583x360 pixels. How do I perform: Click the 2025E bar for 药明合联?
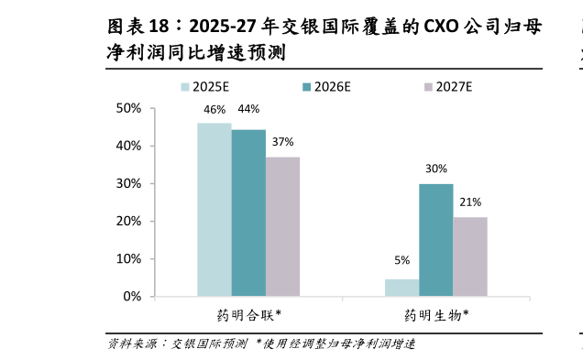pyautogui.click(x=214, y=210)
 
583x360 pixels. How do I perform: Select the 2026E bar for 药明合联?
pyautogui.click(x=248, y=213)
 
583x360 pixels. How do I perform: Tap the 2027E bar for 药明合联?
pyautogui.click(x=282, y=226)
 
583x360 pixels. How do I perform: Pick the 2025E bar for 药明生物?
pyautogui.click(x=401, y=288)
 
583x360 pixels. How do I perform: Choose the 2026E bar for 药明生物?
pyautogui.click(x=436, y=240)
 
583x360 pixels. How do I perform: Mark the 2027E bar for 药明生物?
pyautogui.click(x=470, y=256)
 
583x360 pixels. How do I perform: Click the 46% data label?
pyautogui.click(x=214, y=111)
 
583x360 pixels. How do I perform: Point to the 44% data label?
pyautogui.click(x=248, y=110)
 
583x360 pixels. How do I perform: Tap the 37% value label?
pyautogui.click(x=282, y=142)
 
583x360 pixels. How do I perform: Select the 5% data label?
pyautogui.click(x=401, y=260)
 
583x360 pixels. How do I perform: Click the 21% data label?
pyautogui.click(x=470, y=202)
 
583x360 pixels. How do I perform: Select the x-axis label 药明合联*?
pyautogui.click(x=248, y=315)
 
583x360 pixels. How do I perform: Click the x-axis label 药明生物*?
pyautogui.click(x=436, y=315)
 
